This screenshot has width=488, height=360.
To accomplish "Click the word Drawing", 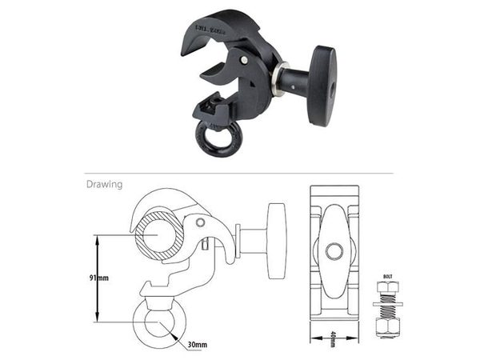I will click(x=103, y=184).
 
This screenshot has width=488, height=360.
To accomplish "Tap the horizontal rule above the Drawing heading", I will click(x=239, y=172).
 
